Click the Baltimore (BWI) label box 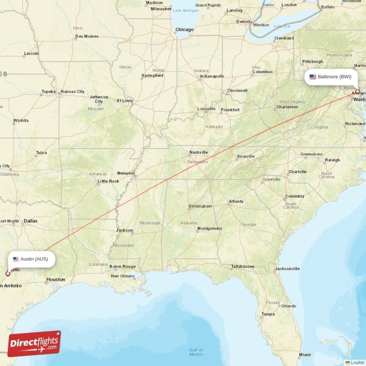pos(331,77)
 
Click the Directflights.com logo pos(34,344)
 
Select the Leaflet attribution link pos(357,362)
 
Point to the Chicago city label pos(184,30)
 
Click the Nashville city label pos(199,152)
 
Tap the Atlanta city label pos(236,201)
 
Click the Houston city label pos(56,279)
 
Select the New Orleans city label pos(123,276)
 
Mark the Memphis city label pos(126,173)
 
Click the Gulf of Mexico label pos(196,352)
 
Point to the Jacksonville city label pos(287,269)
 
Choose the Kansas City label pos(73,91)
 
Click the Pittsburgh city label pos(312,61)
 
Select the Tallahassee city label pos(242,266)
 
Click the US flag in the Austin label pos(16,259)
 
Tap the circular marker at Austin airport pos(7,274)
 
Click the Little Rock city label pos(108,181)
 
